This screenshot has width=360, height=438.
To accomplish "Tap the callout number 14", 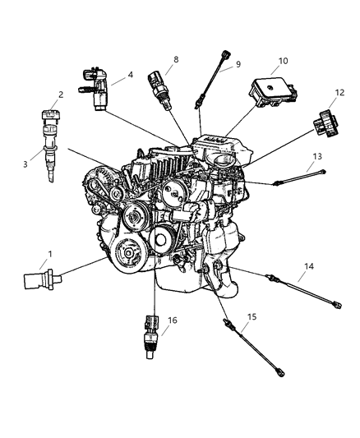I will (309, 288).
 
